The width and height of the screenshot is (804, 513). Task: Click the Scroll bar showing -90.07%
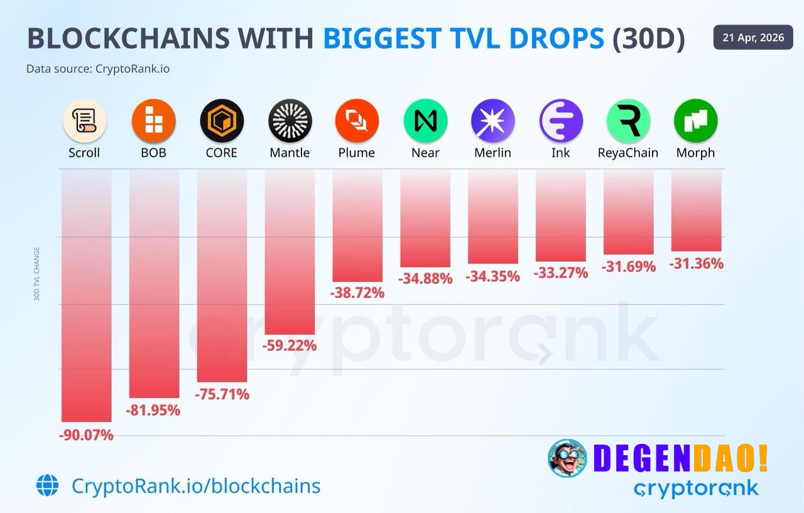(x=86, y=295)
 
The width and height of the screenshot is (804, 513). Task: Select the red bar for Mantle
(x=290, y=251)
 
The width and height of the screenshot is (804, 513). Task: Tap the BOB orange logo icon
(x=153, y=120)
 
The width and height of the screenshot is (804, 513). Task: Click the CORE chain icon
(x=222, y=120)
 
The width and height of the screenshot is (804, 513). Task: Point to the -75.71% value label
(x=222, y=394)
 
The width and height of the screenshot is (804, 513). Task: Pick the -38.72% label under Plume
(x=357, y=293)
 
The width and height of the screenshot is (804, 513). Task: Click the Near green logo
(x=425, y=120)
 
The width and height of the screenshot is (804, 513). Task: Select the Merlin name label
(x=492, y=153)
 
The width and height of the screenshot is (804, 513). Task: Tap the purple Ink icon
(x=561, y=120)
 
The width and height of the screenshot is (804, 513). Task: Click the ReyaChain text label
(x=628, y=153)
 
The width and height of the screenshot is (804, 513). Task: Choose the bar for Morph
(x=696, y=210)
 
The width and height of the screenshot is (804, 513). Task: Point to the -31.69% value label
(x=628, y=267)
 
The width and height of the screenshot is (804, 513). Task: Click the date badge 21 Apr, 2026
(x=753, y=38)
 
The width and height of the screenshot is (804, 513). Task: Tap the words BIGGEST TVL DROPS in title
(x=464, y=39)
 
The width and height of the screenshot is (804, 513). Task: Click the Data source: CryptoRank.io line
(x=98, y=68)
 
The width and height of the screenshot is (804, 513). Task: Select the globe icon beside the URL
(x=47, y=485)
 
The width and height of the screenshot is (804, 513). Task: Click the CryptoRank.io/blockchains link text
(x=196, y=485)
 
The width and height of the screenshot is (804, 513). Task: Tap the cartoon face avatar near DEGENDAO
(x=567, y=458)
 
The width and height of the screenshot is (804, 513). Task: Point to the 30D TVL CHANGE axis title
(x=37, y=274)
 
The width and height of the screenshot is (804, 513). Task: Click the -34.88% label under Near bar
(x=425, y=278)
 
